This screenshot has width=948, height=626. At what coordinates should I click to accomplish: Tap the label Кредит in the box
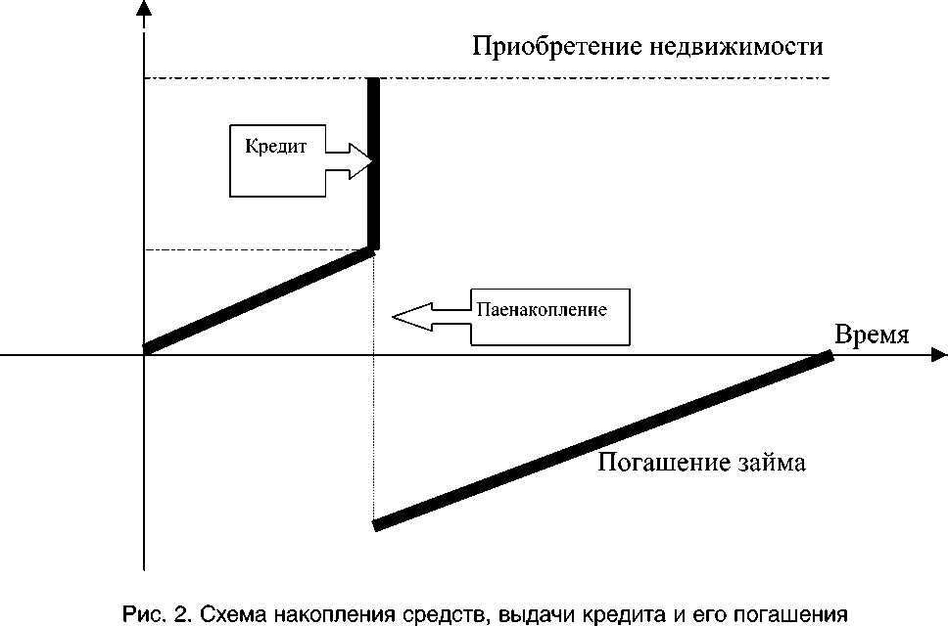coord(276,147)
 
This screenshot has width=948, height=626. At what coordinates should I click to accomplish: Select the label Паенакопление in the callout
coord(543,309)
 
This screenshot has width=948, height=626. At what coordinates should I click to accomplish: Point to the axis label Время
coord(873,335)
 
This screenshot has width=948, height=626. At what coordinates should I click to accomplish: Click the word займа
coord(775,463)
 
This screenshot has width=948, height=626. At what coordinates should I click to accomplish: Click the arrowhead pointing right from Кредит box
coord(362,162)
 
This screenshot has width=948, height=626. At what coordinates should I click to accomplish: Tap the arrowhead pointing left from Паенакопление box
coord(403,316)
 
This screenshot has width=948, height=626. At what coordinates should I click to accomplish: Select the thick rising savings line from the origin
coord(259,298)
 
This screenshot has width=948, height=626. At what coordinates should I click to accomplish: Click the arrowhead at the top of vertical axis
coord(144,10)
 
